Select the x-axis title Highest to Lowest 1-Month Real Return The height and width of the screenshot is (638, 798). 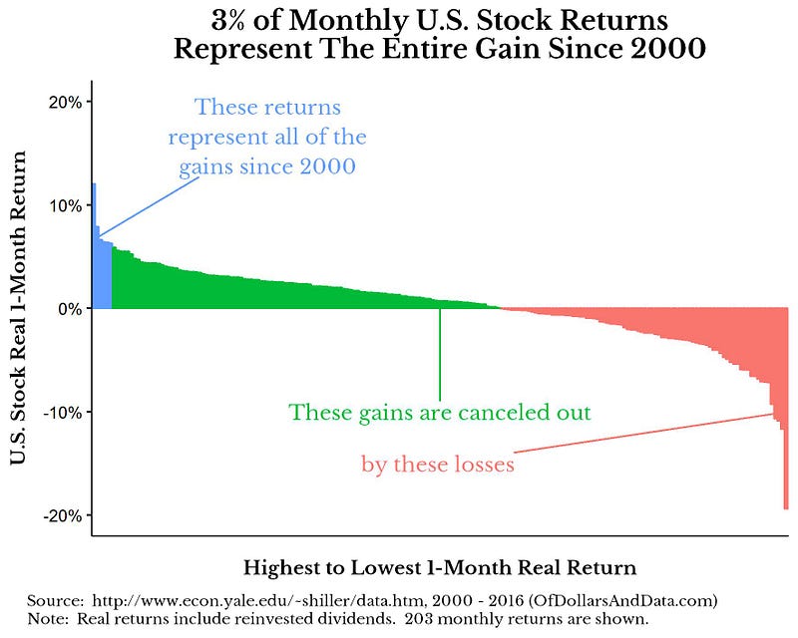click(x=439, y=569)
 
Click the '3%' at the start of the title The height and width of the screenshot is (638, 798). click(x=231, y=20)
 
